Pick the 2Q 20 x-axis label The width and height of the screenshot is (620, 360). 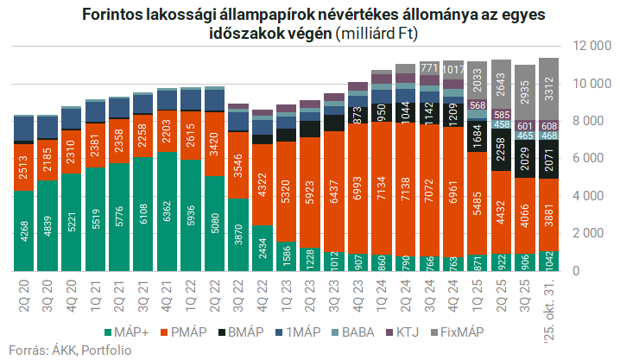pos(25,293)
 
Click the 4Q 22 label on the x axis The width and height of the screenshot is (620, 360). pos(263,293)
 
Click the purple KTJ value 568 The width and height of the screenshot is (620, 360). pos(477,105)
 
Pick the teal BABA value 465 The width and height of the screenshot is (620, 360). pos(524,136)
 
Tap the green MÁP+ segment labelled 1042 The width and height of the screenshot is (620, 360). pos(547,260)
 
